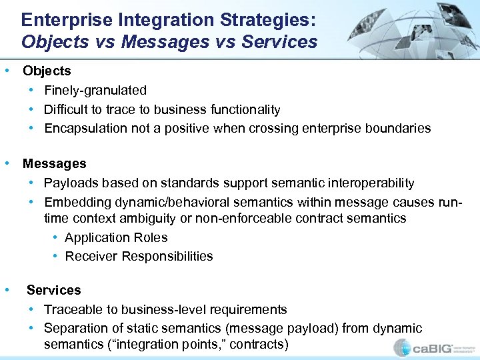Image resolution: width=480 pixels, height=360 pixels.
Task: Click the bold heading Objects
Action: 47,71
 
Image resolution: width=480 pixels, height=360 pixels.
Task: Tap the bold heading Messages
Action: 54,163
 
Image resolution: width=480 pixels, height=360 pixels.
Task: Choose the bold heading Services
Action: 53,290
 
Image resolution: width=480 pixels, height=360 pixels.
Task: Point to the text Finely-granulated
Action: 95,90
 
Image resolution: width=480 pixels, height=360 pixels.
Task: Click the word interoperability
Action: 367,183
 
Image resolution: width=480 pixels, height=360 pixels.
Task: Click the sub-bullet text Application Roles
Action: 116,237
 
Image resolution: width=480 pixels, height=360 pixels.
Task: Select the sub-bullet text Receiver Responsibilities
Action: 139,256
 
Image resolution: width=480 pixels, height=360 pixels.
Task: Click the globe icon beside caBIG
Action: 403,347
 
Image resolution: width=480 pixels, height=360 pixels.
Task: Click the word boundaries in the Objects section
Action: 399,128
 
